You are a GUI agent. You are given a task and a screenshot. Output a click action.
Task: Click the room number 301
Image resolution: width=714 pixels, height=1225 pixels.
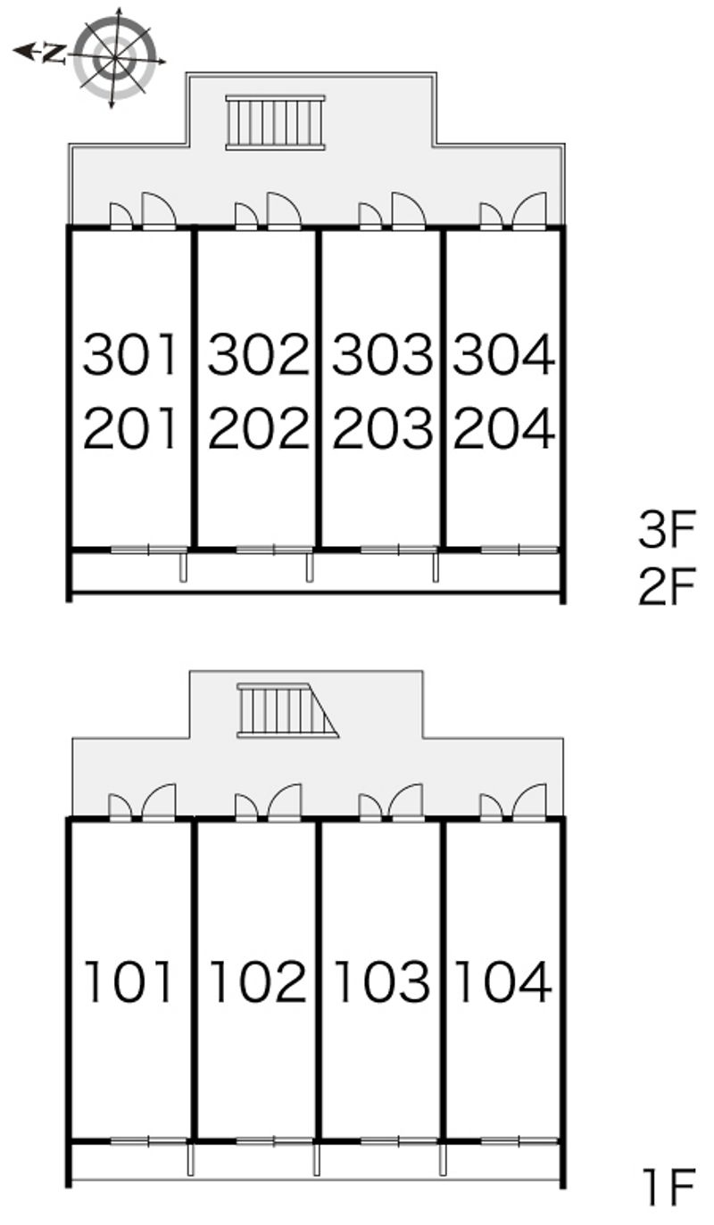coord(130,354)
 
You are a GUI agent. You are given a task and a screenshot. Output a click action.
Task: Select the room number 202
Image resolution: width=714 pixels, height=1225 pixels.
coord(258,428)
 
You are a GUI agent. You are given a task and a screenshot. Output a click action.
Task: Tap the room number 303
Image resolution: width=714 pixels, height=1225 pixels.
coord(383,354)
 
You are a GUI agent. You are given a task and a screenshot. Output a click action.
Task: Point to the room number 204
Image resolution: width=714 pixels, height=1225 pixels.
coord(504,428)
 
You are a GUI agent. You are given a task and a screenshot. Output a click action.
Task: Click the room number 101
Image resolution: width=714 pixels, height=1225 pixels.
coord(129,981)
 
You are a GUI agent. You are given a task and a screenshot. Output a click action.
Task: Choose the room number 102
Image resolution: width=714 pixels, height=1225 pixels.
coord(258,981)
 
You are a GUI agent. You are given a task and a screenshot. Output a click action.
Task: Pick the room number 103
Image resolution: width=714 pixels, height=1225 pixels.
coord(382,981)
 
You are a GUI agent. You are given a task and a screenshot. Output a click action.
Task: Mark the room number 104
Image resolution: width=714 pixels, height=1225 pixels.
coord(503,981)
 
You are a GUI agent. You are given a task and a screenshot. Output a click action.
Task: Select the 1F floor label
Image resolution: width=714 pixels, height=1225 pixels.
coord(668,1202)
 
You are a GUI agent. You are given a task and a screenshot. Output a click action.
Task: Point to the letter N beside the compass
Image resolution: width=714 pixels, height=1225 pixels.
coord(53,53)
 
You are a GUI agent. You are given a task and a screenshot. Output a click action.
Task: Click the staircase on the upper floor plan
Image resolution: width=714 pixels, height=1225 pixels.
coord(276,122)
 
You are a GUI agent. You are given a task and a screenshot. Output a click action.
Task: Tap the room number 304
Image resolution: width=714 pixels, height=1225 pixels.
coord(504,354)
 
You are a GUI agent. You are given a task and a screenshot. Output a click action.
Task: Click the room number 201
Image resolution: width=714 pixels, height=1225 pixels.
coord(130,428)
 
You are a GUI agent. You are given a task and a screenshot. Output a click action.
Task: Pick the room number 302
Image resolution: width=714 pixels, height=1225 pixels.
coord(258,354)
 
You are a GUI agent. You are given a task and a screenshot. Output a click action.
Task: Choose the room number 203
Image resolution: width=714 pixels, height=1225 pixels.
coord(383,428)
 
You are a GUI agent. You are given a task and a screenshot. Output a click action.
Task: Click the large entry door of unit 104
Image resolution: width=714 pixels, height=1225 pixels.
coord(529,803)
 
